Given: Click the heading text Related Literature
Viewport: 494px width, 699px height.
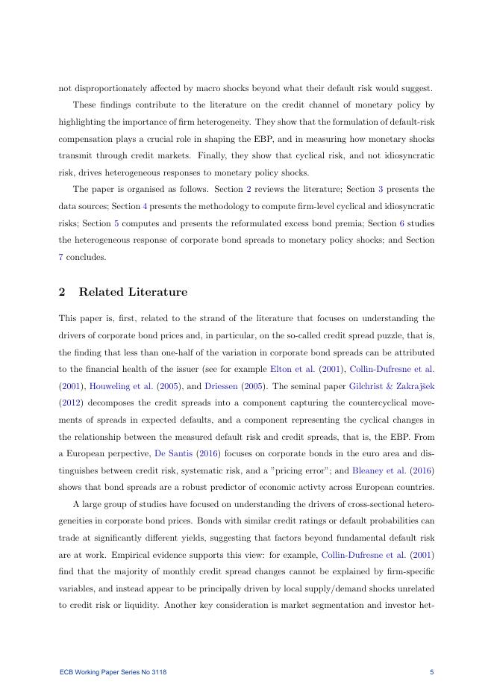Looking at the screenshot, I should pyautogui.click(x=133, y=292).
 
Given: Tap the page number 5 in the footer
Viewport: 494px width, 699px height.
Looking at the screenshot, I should pyautogui.click(x=431, y=673).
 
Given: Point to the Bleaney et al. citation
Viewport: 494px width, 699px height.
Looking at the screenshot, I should pyautogui.click(x=383, y=441).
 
